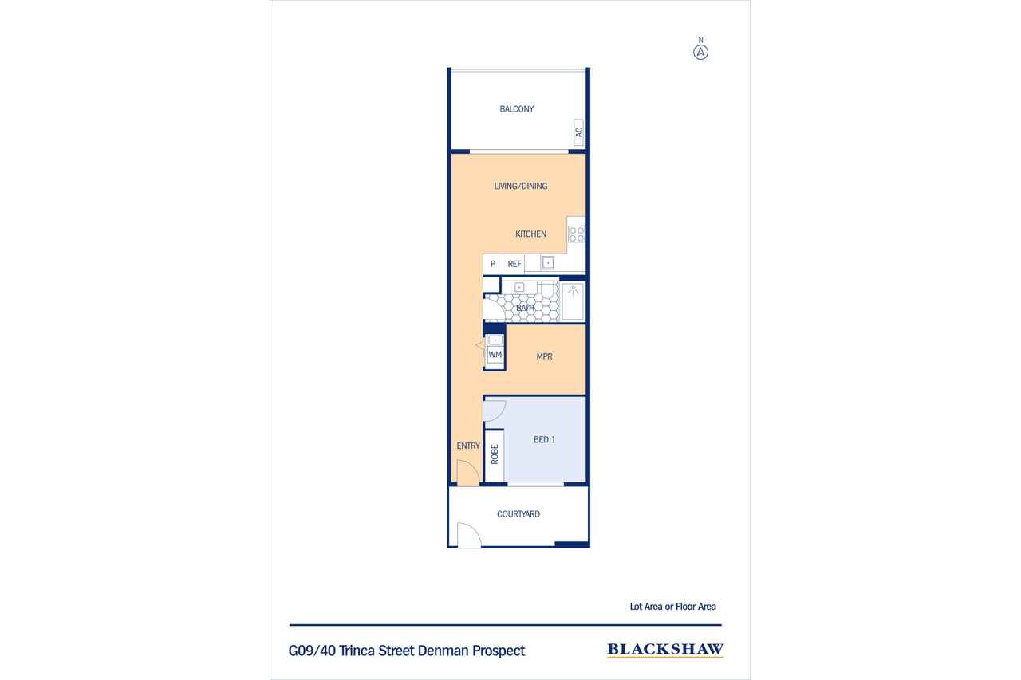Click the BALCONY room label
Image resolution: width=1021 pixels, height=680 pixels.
(516, 109)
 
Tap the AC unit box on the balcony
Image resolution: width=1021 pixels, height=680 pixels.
(578, 132)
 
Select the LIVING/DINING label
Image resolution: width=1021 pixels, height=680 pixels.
(521, 186)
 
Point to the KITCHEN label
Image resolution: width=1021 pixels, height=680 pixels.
(530, 234)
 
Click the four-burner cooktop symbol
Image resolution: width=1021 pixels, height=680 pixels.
(577, 234)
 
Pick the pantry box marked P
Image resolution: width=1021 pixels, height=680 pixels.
(493, 264)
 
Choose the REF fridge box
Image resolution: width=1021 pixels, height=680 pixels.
(514, 264)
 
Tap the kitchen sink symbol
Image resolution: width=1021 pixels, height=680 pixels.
(547, 263)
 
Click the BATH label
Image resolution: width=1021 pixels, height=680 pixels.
(525, 308)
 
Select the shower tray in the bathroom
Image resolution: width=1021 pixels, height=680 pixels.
(573, 301)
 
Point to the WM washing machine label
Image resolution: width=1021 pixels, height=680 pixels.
(495, 354)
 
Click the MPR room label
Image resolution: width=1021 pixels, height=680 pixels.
(544, 356)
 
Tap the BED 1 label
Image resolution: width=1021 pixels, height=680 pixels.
(544, 439)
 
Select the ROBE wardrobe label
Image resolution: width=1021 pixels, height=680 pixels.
(495, 454)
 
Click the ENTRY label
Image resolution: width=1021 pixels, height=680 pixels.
(468, 446)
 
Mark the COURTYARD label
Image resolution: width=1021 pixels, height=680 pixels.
(518, 513)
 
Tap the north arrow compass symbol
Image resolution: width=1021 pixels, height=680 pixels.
(700, 53)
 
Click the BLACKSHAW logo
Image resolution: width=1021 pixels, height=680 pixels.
(665, 650)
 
